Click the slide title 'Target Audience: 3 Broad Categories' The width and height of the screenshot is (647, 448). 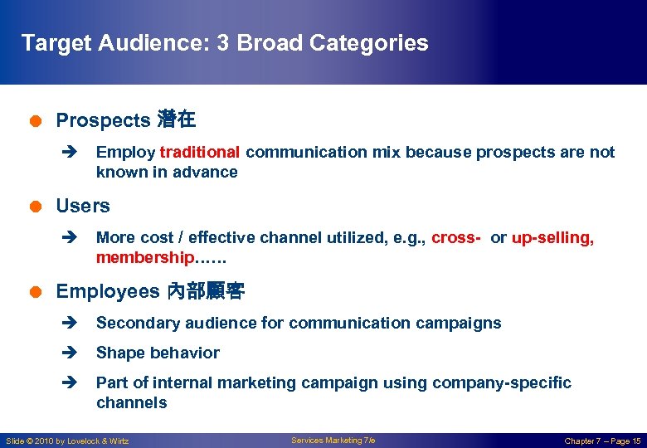[x=224, y=43]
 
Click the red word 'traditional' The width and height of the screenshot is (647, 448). [x=200, y=153]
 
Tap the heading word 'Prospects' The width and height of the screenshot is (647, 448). [x=102, y=120]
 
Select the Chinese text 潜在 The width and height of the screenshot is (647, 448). [x=176, y=120]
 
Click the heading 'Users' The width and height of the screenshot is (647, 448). [x=82, y=206]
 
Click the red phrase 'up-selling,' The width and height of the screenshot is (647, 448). [x=552, y=238]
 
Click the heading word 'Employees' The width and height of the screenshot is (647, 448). [x=107, y=291]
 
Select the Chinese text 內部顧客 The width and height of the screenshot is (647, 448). [x=206, y=291]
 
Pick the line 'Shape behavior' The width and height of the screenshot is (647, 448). [x=158, y=353]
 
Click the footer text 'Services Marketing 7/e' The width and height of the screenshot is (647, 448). [x=333, y=441]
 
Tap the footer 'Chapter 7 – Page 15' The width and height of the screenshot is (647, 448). [x=602, y=441]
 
